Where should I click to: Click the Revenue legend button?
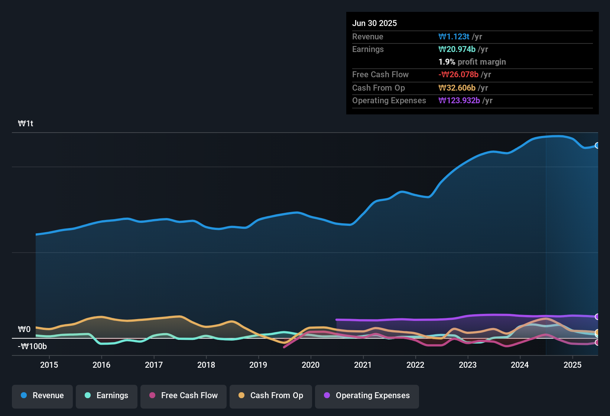click(x=42, y=396)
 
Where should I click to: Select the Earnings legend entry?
click(x=107, y=396)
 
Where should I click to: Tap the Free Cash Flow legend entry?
click(x=184, y=396)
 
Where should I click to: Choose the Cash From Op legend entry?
click(x=271, y=396)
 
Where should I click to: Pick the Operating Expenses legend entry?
click(x=367, y=396)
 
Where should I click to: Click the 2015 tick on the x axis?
click(x=49, y=365)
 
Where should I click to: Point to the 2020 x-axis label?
click(x=311, y=365)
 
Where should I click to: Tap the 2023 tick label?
click(x=468, y=365)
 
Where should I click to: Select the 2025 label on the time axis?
click(x=572, y=365)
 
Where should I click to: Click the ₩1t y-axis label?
click(x=26, y=124)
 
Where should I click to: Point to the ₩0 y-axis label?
click(x=24, y=329)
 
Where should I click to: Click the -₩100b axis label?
click(x=32, y=347)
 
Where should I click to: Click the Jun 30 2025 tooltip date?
click(x=374, y=23)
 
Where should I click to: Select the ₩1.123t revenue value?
click(x=454, y=37)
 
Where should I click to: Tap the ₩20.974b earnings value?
click(x=457, y=49)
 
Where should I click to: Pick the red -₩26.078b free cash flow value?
click(x=458, y=75)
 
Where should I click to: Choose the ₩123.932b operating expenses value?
click(x=459, y=101)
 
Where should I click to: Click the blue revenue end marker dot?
click(x=597, y=145)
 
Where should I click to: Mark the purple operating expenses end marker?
click(x=597, y=317)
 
